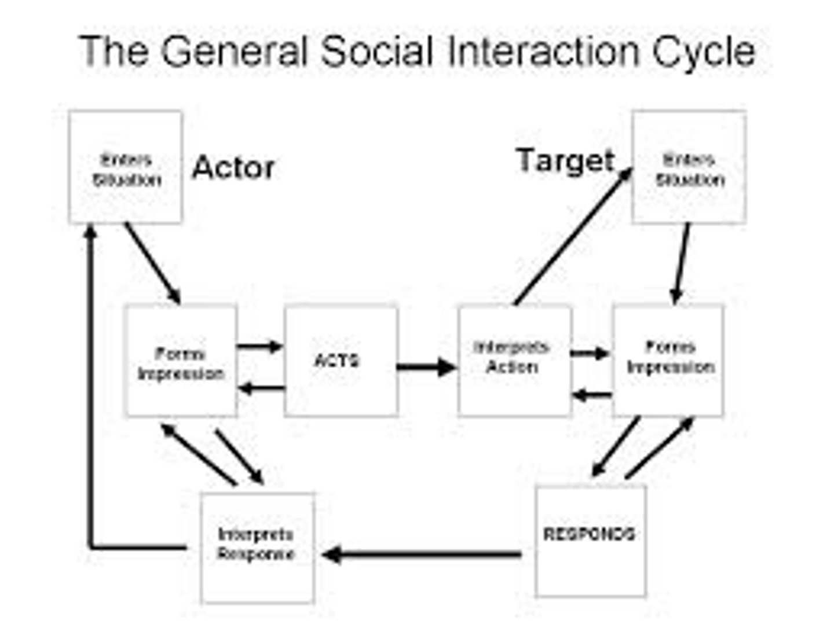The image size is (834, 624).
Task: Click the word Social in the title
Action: tap(376, 52)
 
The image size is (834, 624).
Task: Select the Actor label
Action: tap(233, 168)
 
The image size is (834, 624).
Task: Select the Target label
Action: tap(565, 161)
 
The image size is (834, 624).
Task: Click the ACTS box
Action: tap(341, 361)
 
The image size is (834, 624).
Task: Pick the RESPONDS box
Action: tap(590, 541)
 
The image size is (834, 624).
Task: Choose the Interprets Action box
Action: tap(514, 361)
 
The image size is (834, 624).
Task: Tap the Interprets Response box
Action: tap(257, 547)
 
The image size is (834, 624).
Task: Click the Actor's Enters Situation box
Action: tap(126, 167)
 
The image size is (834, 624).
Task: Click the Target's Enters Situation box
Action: tap(689, 167)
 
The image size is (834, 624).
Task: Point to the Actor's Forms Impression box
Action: tap(181, 361)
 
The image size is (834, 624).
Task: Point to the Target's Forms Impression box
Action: tap(668, 361)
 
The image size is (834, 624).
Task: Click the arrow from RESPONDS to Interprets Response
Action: tap(423, 555)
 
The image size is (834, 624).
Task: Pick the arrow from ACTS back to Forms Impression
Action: tap(261, 388)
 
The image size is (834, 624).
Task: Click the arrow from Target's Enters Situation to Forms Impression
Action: tap(682, 263)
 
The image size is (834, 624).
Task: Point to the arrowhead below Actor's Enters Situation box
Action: tap(90, 232)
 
